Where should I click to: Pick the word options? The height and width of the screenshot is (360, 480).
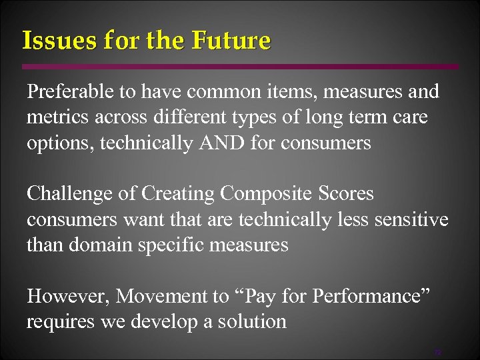tap(59, 143)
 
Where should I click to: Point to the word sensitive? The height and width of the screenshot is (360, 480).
tap(409, 219)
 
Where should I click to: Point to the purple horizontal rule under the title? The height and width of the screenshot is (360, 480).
tap(240, 67)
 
